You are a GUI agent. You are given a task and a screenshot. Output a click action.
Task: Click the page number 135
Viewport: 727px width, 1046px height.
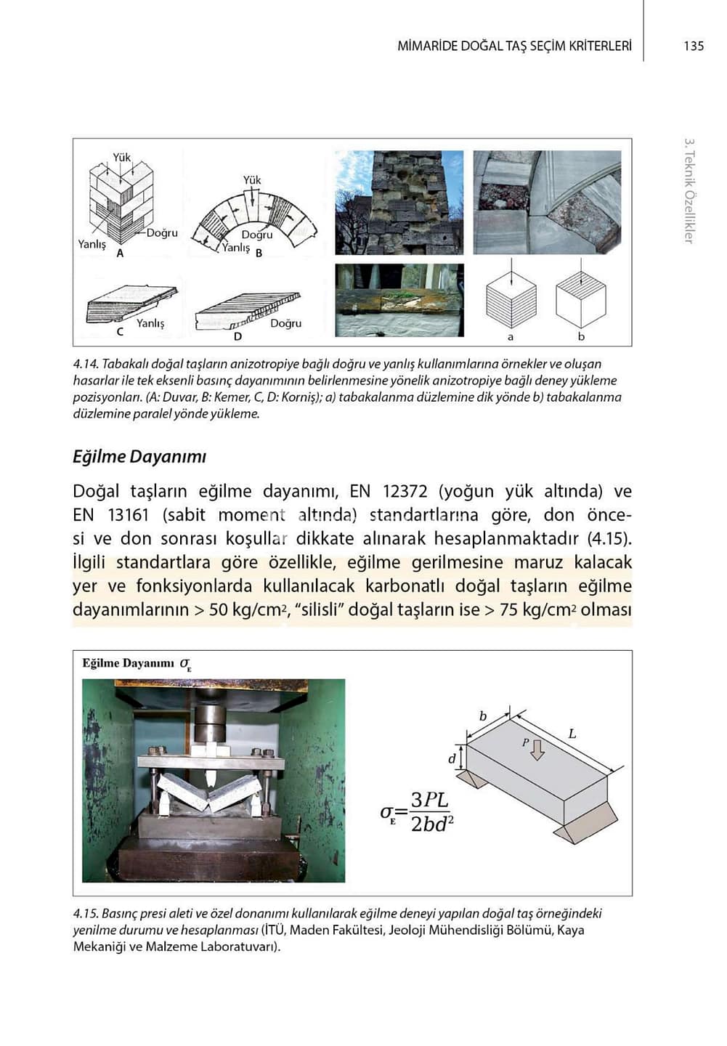(694, 46)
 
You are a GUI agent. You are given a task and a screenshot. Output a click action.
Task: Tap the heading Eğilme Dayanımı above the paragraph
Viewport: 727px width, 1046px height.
(139, 457)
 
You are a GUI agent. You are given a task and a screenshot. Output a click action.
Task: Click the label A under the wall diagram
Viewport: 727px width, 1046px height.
(121, 254)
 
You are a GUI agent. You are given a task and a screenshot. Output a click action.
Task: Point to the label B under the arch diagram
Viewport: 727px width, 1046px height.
(259, 253)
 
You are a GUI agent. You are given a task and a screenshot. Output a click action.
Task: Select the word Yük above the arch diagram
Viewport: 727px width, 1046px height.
(252, 179)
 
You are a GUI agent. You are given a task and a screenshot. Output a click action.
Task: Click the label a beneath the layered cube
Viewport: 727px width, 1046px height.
(511, 337)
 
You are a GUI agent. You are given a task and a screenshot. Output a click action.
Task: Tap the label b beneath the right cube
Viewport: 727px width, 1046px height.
(581, 337)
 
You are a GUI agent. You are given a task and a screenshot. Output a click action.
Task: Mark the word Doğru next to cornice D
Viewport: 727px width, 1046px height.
(285, 323)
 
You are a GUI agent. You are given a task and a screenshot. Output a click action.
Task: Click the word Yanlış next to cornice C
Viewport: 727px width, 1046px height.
(150, 323)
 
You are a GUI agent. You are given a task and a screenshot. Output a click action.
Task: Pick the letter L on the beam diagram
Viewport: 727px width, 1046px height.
(572, 734)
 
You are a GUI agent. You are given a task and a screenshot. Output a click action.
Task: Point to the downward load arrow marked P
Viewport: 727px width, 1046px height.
(537, 749)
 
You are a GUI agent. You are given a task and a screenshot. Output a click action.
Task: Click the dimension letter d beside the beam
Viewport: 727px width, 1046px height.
(452, 759)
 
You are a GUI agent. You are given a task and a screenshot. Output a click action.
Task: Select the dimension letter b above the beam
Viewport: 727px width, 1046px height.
(483, 716)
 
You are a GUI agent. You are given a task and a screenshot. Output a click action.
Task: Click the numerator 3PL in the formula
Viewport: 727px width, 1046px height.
(430, 800)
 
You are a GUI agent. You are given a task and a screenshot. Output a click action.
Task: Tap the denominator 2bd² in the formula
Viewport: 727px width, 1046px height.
(432, 824)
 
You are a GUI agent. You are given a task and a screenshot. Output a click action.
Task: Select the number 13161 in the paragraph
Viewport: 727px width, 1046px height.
(130, 516)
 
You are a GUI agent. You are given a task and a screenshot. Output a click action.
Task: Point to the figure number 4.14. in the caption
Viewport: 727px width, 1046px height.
(86, 364)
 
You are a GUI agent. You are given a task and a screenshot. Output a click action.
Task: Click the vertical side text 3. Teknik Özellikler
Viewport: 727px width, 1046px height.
(689, 191)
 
